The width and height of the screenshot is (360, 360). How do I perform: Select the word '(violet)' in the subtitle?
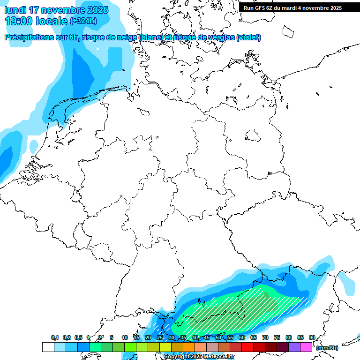(x=248, y=37)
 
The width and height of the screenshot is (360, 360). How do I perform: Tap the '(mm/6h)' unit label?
(x=327, y=348)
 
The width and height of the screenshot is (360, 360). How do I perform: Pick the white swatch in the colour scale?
(x=48, y=347)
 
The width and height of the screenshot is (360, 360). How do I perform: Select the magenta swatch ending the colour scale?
(x=306, y=347)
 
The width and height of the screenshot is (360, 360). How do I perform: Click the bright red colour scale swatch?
(x=247, y=347)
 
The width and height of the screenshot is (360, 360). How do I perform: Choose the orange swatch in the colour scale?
(x=188, y=347)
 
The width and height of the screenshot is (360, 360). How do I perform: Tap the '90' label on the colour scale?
(x=312, y=337)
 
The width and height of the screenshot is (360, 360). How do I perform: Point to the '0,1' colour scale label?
(x=55, y=337)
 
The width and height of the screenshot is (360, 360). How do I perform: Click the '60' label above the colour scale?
(x=242, y=337)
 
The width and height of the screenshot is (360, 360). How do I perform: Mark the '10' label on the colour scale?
(x=124, y=337)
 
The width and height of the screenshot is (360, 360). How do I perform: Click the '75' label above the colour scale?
(x=277, y=337)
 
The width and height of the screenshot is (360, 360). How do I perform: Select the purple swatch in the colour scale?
(x=294, y=347)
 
